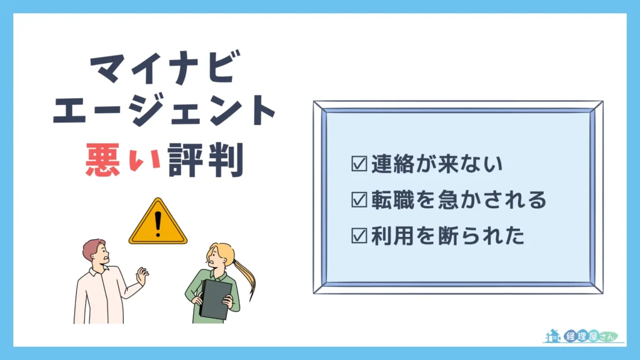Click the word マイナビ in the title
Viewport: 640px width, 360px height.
click(x=164, y=70)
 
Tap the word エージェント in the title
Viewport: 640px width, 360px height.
click(x=164, y=114)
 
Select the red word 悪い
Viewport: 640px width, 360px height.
click(x=125, y=161)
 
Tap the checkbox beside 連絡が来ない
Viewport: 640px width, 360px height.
click(x=359, y=164)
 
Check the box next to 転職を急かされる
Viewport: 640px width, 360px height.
click(x=359, y=201)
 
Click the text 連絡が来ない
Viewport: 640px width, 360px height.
click(x=436, y=164)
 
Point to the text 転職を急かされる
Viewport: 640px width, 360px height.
click(x=458, y=201)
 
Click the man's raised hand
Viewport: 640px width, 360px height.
click(x=142, y=276)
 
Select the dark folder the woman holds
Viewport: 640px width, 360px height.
click(x=216, y=296)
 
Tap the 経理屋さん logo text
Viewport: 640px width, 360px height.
click(x=587, y=336)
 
